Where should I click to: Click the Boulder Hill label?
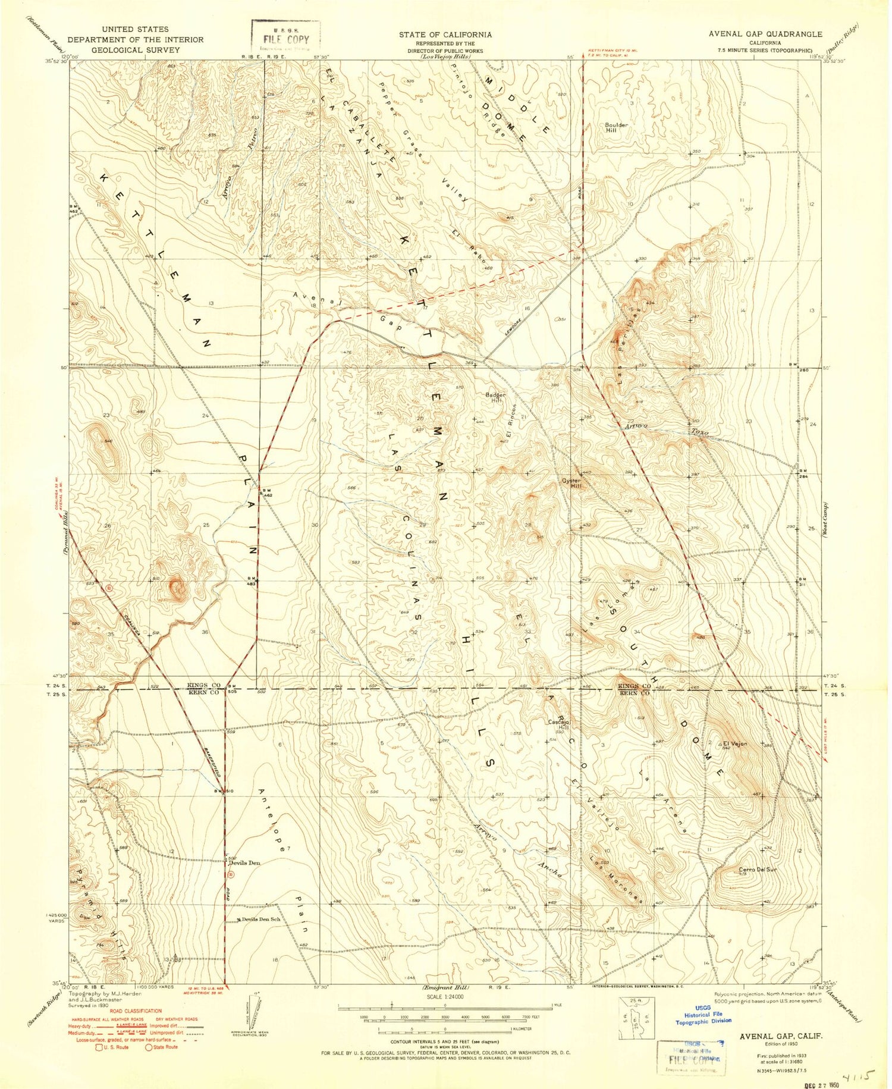pos(616,128)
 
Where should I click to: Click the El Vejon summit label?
pos(734,743)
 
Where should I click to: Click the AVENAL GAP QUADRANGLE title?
pos(765,34)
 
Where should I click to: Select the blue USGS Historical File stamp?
pos(703,1018)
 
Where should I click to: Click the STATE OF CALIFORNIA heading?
pos(445,34)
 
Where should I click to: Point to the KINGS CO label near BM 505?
pos(204,686)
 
